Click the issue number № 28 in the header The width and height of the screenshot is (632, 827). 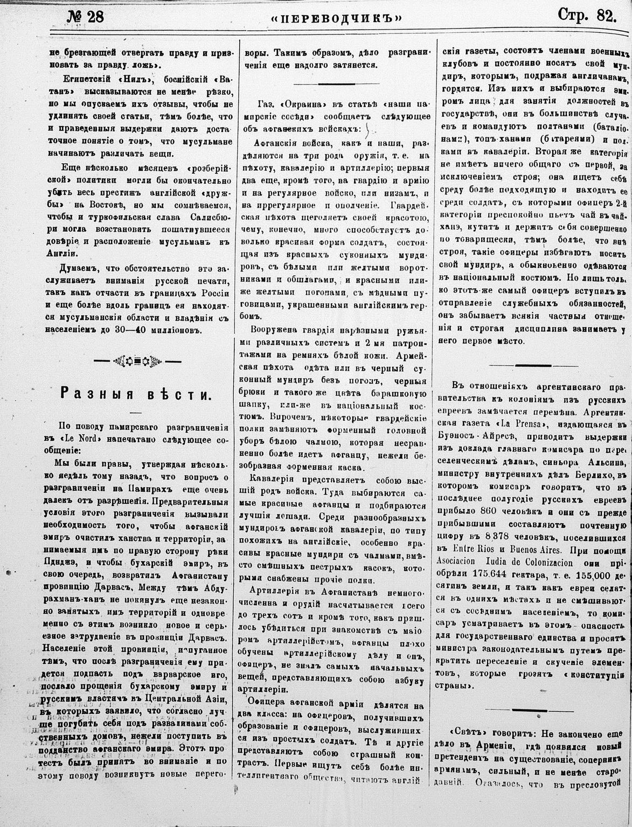coord(86,16)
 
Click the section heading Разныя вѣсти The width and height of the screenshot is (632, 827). coord(135,394)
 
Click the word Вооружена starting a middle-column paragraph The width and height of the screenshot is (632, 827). coord(274,330)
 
